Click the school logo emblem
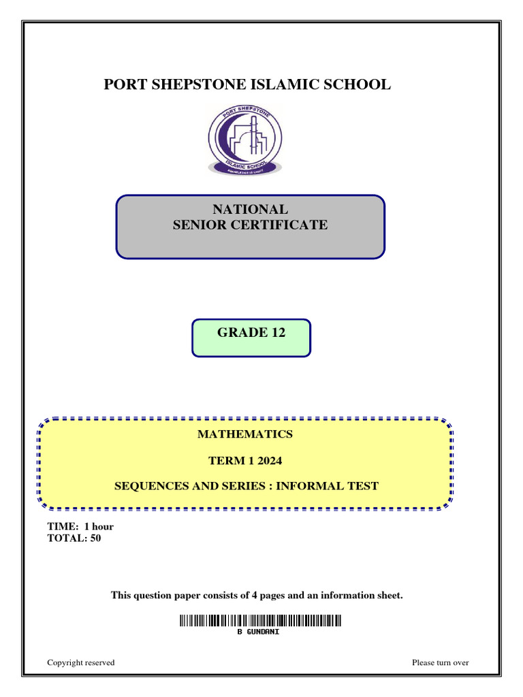coord(245,140)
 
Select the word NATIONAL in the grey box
coord(251,209)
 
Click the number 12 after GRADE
coord(279,332)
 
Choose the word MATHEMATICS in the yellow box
coord(245,434)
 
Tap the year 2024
coord(270,461)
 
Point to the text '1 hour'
coord(99,526)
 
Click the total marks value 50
coord(95,538)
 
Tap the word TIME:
coord(63,526)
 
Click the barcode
coord(261,621)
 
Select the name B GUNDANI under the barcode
coord(258,632)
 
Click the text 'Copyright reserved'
coord(81,662)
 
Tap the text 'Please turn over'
coord(441,662)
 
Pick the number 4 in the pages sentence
coord(255,595)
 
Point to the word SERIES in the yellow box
coord(247,486)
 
